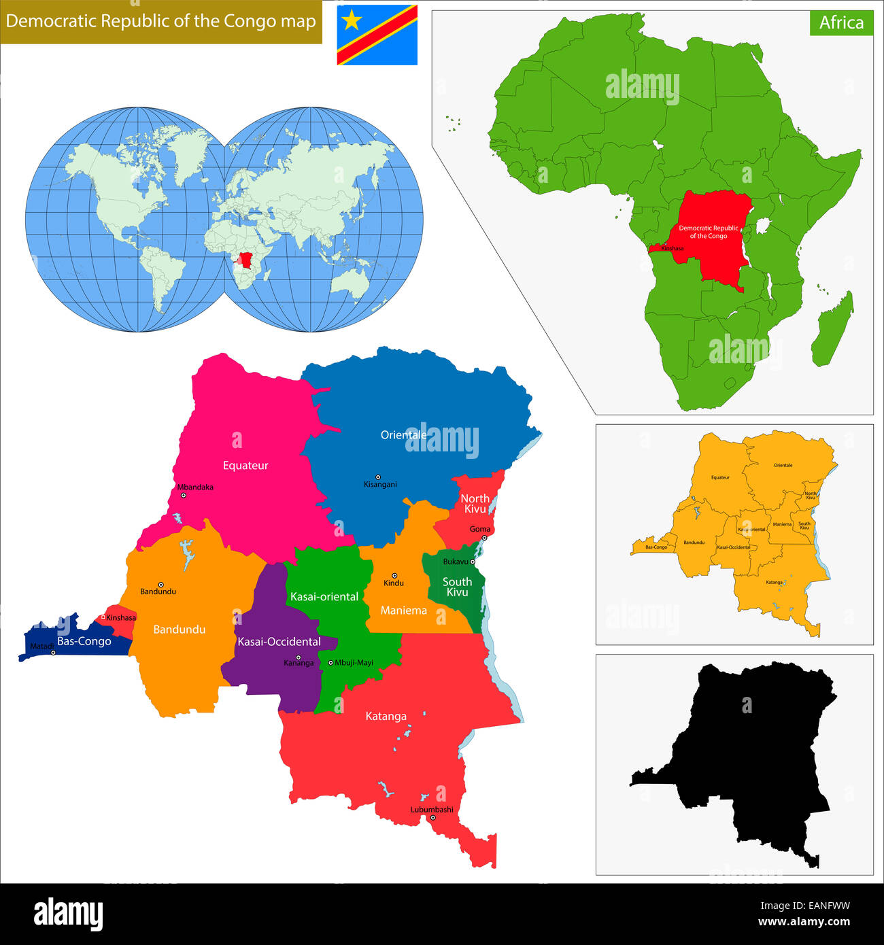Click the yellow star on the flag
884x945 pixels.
tap(352, 21)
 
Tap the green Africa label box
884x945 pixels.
tap(841, 22)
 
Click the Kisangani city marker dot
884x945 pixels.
tap(378, 477)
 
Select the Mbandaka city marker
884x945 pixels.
tap(183, 495)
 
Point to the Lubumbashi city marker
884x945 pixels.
tap(432, 817)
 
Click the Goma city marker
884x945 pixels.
tap(484, 538)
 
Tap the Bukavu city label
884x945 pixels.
tap(455, 562)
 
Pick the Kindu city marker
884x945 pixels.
tap(394, 575)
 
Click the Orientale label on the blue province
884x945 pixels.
tap(403, 435)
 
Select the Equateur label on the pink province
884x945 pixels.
tap(245, 466)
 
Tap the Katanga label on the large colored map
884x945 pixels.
tap(386, 716)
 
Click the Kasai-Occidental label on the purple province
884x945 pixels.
tap(279, 642)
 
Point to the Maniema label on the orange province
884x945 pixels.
tap(403, 611)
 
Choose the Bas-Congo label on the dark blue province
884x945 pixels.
tap(84, 641)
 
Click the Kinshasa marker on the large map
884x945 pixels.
tap(103, 617)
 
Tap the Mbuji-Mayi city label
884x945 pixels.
tap(354, 663)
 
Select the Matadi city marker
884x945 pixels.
tap(53, 653)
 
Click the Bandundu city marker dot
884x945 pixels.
tap(161, 584)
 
